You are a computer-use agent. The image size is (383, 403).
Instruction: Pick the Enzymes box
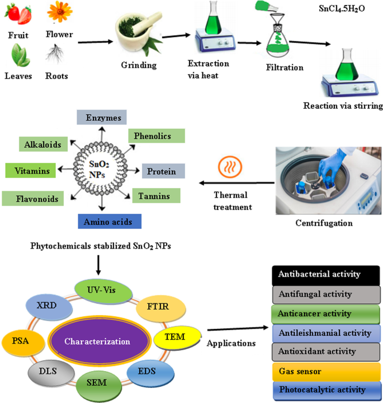(x=102, y=118)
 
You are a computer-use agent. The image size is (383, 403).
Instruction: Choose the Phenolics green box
(x=157, y=136)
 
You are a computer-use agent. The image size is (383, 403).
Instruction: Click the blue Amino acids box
(x=110, y=222)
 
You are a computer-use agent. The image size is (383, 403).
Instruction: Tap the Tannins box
(x=156, y=195)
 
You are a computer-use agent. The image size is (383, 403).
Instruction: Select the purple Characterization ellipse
(x=98, y=341)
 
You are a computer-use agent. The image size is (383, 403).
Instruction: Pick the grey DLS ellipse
(x=46, y=370)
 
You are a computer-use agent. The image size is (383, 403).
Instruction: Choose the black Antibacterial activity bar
(x=326, y=275)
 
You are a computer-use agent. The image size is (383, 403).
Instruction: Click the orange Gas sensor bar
(x=325, y=371)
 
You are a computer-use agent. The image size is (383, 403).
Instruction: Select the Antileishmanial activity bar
(x=325, y=333)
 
